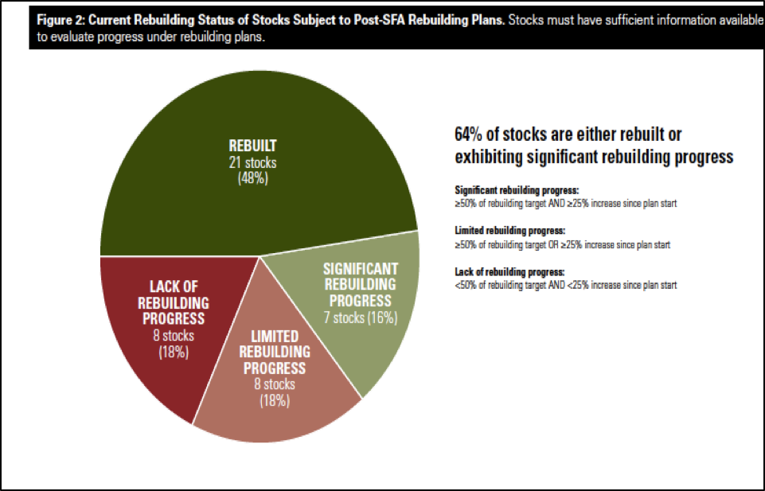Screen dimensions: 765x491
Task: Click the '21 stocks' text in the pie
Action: [x=252, y=162]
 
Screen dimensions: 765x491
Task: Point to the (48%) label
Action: [x=252, y=178]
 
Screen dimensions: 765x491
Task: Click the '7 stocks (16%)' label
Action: [x=361, y=318]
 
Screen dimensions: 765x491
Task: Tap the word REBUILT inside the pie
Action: [x=252, y=146]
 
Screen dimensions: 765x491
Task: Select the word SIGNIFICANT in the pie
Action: [x=361, y=269]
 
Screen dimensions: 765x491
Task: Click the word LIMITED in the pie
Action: [x=275, y=337]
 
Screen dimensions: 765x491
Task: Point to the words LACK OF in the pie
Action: [x=174, y=286]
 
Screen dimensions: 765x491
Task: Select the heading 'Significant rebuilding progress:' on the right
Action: [x=517, y=190]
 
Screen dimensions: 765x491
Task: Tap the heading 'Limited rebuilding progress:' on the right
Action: [x=509, y=230]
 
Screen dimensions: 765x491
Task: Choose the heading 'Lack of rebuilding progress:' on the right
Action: [x=509, y=271]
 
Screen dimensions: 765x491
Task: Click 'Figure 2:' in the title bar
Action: [x=60, y=21]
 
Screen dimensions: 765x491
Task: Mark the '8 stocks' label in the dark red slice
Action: [x=174, y=336]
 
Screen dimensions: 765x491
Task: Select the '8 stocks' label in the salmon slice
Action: [x=275, y=384]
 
